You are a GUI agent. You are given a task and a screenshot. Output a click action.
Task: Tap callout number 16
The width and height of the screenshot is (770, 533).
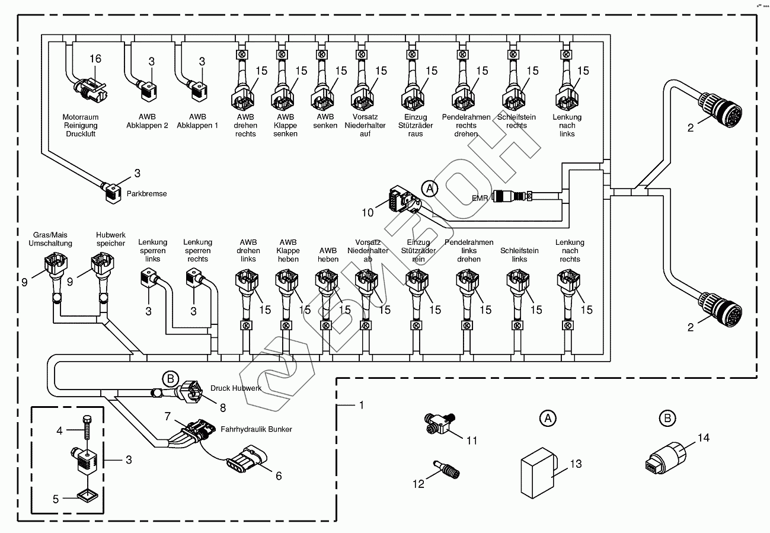[95, 59]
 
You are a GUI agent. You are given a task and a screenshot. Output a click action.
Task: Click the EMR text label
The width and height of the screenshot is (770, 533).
[480, 198]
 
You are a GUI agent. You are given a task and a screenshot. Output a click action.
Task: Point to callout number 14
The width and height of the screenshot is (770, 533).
[703, 438]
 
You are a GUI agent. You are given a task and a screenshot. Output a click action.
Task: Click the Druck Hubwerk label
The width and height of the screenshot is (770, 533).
[236, 388]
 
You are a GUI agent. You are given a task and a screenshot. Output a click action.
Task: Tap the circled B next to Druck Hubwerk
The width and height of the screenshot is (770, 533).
[170, 378]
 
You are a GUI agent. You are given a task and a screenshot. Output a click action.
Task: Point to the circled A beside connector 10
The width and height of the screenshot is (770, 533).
[430, 189]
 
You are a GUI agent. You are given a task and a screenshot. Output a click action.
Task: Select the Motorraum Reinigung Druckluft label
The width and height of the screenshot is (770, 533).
[80, 126]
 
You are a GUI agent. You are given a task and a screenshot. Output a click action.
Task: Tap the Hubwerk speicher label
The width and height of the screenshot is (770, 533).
[110, 239]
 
